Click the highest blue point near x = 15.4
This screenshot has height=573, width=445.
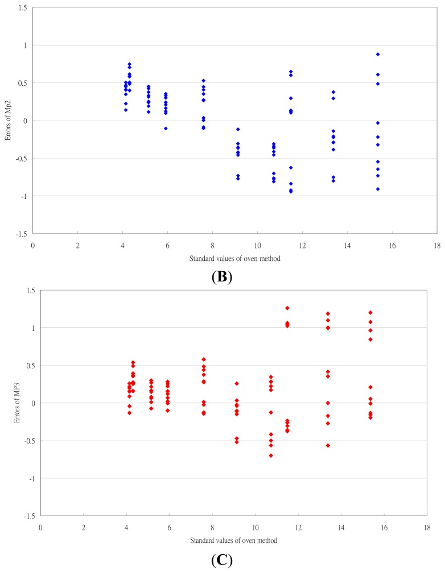pos(378,54)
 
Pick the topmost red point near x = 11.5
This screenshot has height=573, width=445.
pos(287,308)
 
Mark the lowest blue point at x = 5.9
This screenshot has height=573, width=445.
pos(166,128)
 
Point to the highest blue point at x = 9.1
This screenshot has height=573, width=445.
pos(238,130)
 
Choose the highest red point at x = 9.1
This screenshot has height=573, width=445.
pos(237,384)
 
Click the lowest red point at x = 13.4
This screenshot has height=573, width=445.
pos(328,445)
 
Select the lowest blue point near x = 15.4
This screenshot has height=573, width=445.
pos(378,189)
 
